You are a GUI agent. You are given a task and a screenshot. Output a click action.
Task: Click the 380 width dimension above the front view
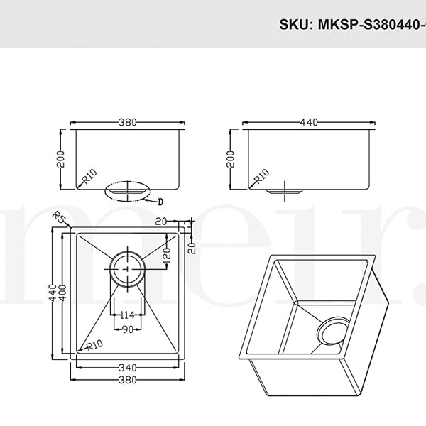click(128, 123)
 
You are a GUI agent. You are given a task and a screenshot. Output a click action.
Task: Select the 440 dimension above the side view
click(307, 123)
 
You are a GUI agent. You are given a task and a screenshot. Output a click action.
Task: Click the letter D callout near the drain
click(160, 201)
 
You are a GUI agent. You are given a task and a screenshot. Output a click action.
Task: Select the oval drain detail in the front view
click(127, 190)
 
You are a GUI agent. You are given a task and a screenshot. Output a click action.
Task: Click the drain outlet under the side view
click(284, 190)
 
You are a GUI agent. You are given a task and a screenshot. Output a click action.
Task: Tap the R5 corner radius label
click(59, 217)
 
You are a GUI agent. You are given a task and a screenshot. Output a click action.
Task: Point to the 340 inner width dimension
click(128, 367)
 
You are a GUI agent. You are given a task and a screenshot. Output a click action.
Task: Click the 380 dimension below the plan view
click(128, 381)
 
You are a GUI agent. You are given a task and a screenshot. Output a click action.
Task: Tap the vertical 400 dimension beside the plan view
click(65, 293)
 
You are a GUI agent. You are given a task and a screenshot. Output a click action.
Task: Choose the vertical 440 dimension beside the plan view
click(52, 293)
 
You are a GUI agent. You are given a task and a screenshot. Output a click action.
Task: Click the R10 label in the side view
click(260, 175)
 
